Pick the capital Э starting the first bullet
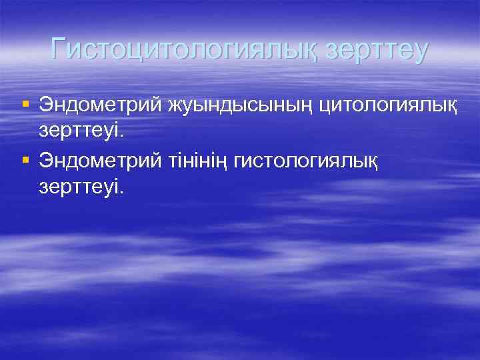[x=46, y=105]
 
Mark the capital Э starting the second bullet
[x=46, y=160]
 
